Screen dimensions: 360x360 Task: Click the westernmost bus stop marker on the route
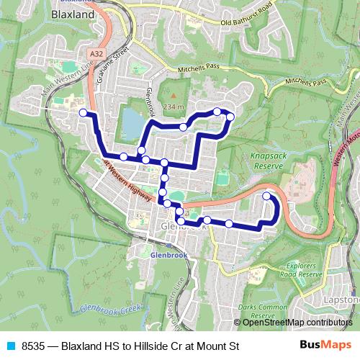[x=84, y=112]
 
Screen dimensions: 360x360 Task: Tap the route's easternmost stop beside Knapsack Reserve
[x=266, y=196]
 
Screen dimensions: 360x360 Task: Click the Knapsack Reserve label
[x=269, y=160]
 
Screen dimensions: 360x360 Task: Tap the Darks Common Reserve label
[x=257, y=311]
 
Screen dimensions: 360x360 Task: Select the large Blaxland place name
[x=73, y=14]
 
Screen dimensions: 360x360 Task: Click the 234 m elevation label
[x=174, y=107]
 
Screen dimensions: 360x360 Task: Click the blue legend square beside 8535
[x=10, y=346]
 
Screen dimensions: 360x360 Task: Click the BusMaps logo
[x=325, y=346]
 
